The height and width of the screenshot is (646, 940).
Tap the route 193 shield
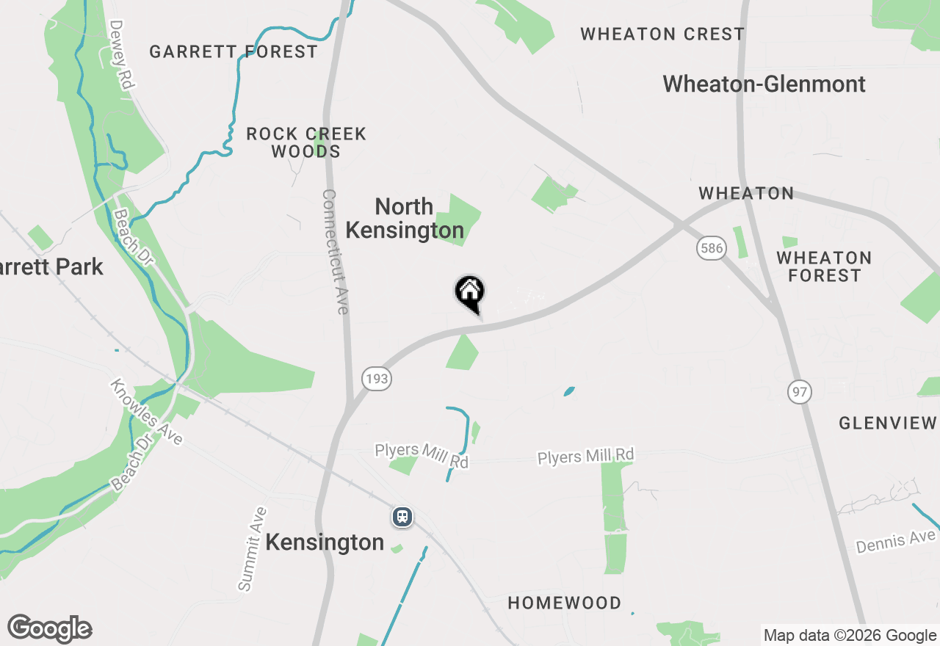(376, 379)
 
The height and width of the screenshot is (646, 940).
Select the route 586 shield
(712, 248)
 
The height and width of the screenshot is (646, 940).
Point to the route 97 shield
(800, 391)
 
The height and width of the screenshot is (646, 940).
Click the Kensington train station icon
(402, 517)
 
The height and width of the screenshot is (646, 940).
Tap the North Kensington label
(405, 218)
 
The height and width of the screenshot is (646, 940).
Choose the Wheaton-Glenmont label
(764, 84)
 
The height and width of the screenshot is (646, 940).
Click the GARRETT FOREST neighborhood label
(234, 51)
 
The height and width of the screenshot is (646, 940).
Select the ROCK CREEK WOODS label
(306, 142)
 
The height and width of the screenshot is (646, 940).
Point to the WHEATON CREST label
(662, 34)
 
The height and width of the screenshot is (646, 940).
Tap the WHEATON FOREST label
(824, 266)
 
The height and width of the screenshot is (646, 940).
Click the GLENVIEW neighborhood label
(888, 423)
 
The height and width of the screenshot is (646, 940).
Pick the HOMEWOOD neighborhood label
(565, 603)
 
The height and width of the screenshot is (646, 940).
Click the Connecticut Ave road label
(334, 252)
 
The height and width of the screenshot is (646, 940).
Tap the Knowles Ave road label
(146, 412)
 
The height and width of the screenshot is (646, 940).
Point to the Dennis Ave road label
(895, 542)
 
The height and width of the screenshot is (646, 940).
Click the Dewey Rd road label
(121, 54)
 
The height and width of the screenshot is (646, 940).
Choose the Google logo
(49, 628)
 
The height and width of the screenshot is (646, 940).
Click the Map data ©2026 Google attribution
(850, 635)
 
